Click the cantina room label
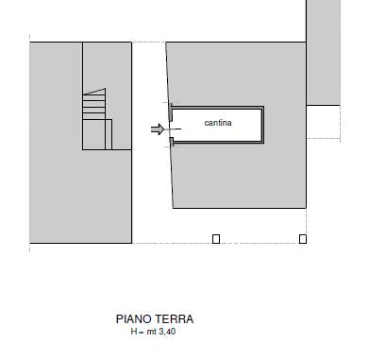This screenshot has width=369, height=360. pos(218,123)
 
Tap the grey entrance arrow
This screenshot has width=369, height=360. pos(158,129)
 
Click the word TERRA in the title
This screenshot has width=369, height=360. pos(174,319)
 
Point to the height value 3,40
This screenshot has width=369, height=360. pos(167,332)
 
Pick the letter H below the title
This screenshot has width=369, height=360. pos(134,332)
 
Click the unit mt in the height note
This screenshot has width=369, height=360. pos(152,332)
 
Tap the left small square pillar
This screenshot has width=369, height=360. pos(216,239)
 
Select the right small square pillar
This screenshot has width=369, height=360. pos(303,239)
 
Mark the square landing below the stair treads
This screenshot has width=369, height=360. pos(93,134)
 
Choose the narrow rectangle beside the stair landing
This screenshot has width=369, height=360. pos(109,134)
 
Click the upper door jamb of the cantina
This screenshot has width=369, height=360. pos(171,112)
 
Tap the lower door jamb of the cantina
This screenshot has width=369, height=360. pos(172,142)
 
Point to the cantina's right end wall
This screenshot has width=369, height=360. pos(262,125)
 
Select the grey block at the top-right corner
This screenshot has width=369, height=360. pos(324,52)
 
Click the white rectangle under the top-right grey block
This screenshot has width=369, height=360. pos(324,122)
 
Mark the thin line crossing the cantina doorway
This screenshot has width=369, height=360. pos(173,129)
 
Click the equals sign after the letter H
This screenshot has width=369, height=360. pos(141,333)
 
